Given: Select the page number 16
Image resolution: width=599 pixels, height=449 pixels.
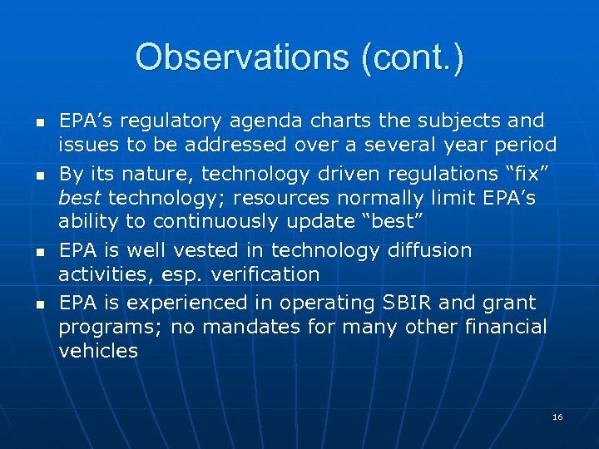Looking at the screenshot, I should [x=557, y=416].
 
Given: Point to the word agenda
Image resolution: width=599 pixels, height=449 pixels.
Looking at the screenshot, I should [x=249, y=121].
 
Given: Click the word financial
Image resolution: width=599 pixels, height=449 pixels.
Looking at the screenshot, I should [x=498, y=327].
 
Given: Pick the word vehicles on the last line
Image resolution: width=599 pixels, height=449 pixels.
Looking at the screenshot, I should [x=98, y=351].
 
